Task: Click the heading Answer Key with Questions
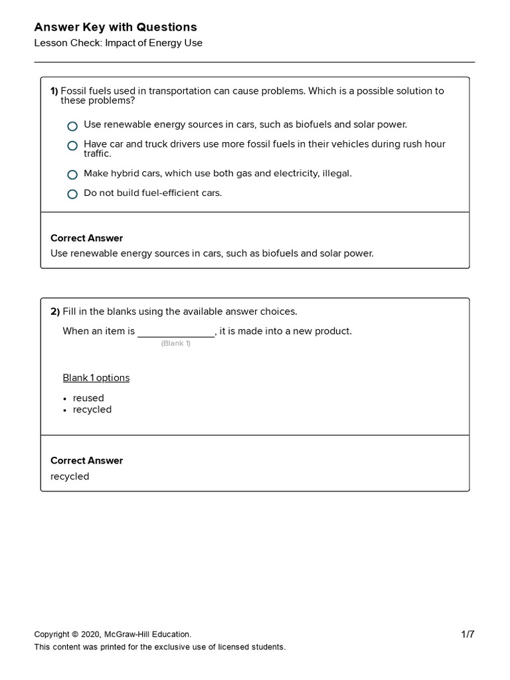coord(116,27)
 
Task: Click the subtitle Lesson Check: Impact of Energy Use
coord(118,43)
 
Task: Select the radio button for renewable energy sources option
coord(72,126)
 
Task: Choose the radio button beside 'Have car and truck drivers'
coord(72,145)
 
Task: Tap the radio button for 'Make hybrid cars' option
coord(72,175)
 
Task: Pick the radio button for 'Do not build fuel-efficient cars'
coord(72,194)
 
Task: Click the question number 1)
coord(54,91)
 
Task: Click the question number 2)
coord(55,311)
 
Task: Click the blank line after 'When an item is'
coord(176,332)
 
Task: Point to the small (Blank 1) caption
coord(175,343)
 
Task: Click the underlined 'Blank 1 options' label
coord(96,378)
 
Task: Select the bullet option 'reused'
coord(88,398)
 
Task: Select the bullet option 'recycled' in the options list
coord(92,410)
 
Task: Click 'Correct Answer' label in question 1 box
coord(86,238)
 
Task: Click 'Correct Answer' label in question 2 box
coord(86,461)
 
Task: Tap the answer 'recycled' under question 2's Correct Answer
coord(70,477)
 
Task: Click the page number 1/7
coord(467,635)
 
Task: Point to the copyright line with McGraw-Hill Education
coord(113,635)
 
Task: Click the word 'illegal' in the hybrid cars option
coord(336,173)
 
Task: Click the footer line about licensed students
coord(159,647)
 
